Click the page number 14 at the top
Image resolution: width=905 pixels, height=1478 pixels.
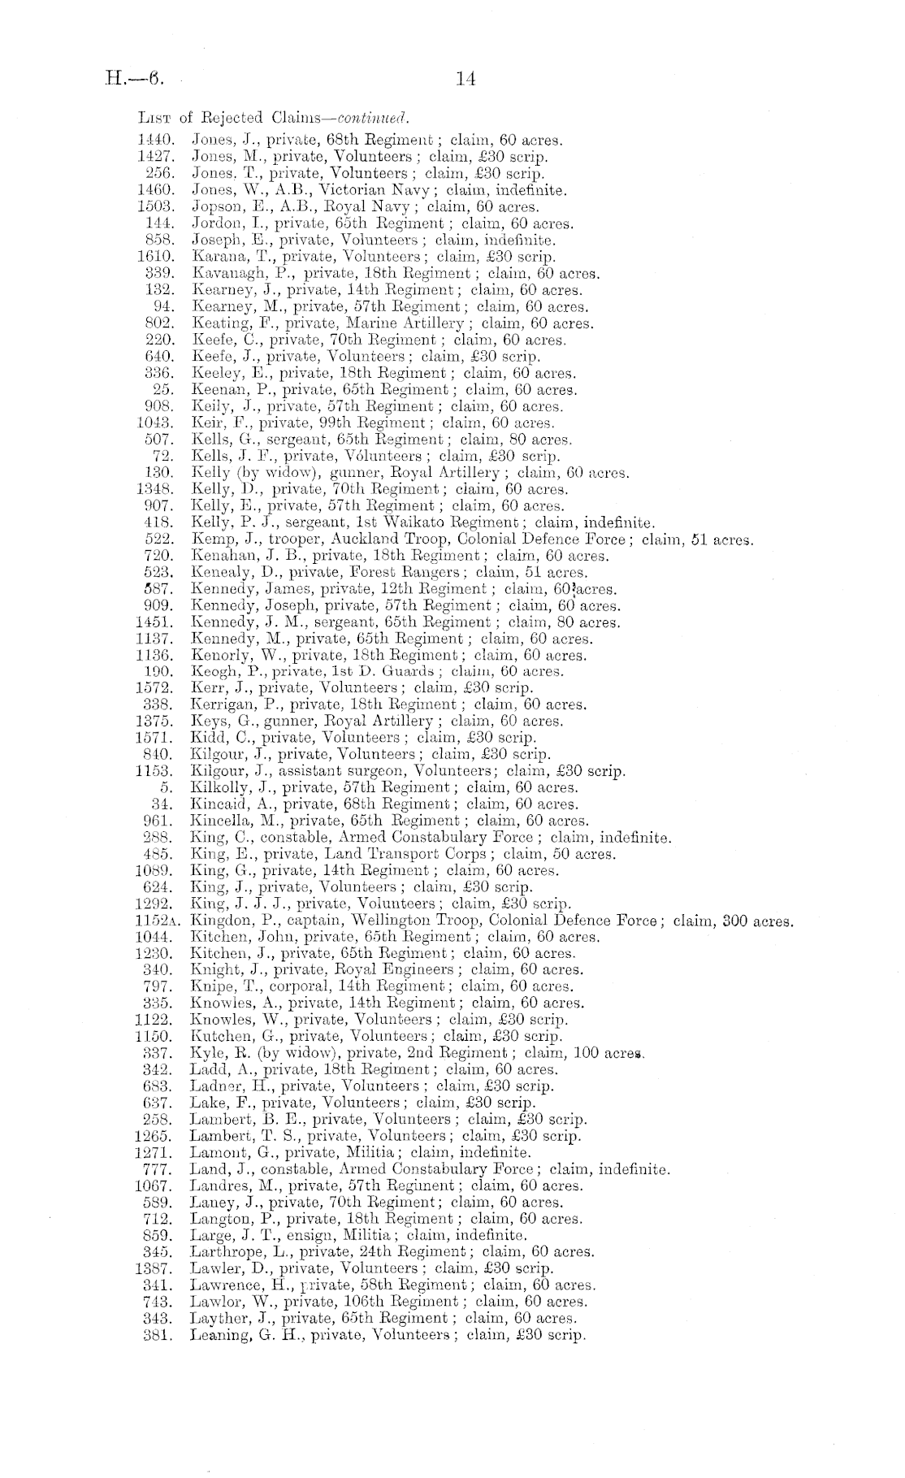pos(465,79)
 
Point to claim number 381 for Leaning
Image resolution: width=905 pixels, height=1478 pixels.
pos(159,1334)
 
